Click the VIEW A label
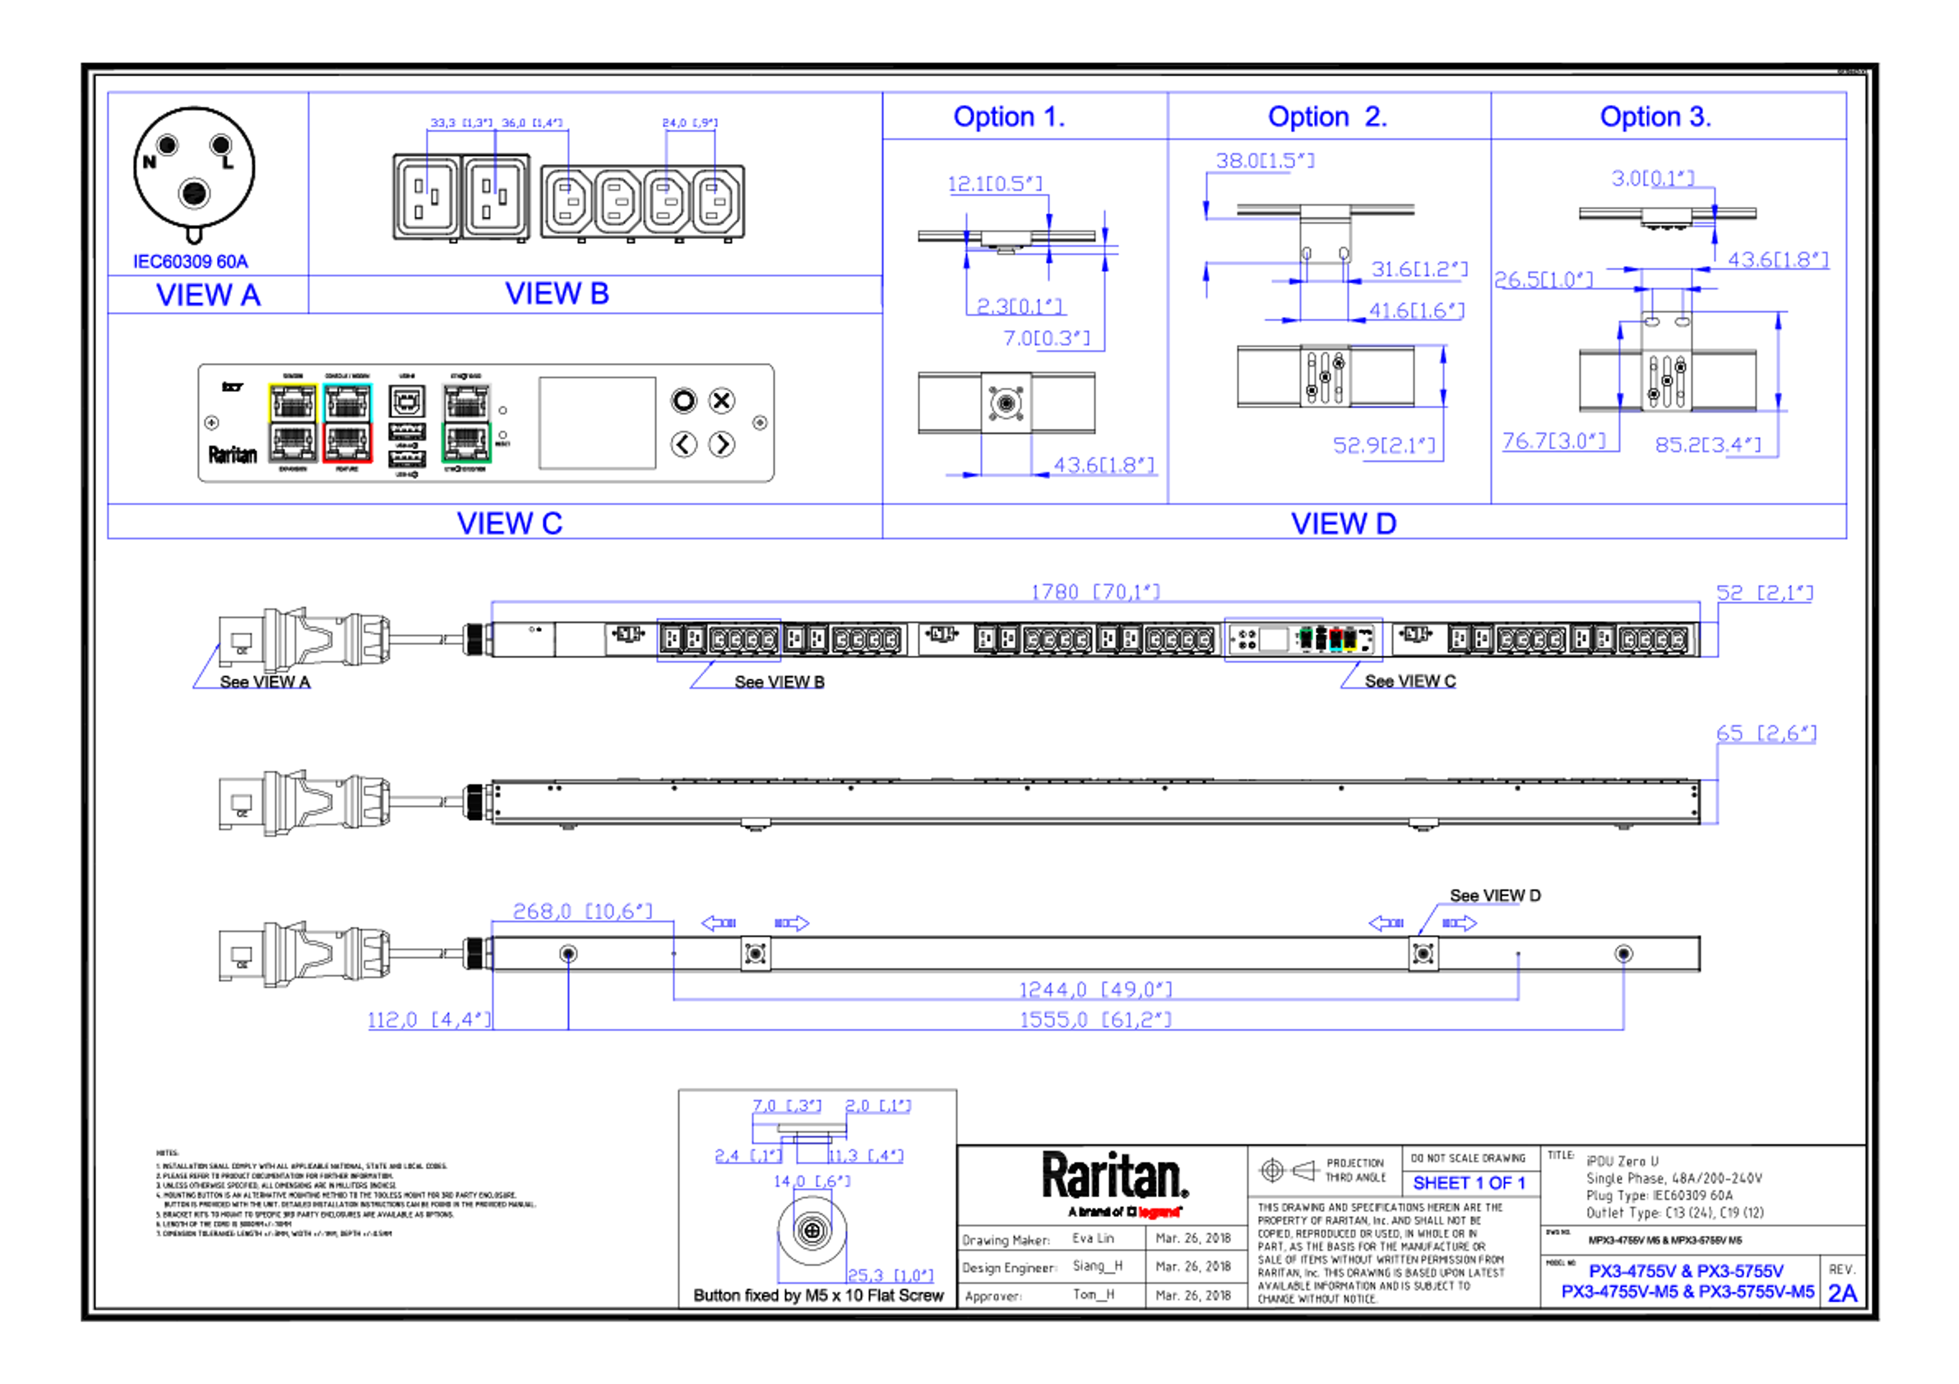click(x=208, y=295)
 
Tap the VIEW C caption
click(x=509, y=522)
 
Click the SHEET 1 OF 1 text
click(x=1468, y=1184)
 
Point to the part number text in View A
click(x=190, y=259)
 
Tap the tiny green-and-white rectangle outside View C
click(x=1305, y=640)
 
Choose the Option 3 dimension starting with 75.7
click(x=1553, y=442)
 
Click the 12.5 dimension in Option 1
click(x=994, y=184)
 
